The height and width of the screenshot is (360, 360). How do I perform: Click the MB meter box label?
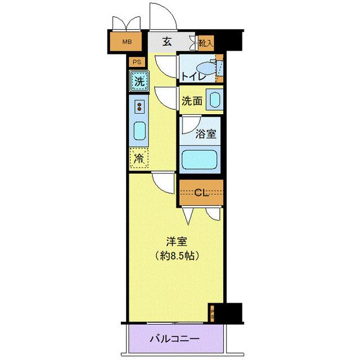[x=128, y=41]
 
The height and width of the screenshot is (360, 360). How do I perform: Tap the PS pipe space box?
[x=137, y=62]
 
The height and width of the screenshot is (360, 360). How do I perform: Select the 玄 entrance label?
[x=167, y=40]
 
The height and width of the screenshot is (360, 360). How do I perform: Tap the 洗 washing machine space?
[x=139, y=81]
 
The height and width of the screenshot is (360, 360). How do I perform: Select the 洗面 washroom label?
[x=191, y=102]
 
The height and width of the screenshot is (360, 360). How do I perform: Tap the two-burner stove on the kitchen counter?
[x=139, y=105]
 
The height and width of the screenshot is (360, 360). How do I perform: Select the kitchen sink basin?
[x=139, y=130]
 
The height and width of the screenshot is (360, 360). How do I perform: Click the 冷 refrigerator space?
[x=138, y=158]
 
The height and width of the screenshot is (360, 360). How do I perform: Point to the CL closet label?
[x=201, y=193]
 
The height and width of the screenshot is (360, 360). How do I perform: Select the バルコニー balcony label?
[x=174, y=340]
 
